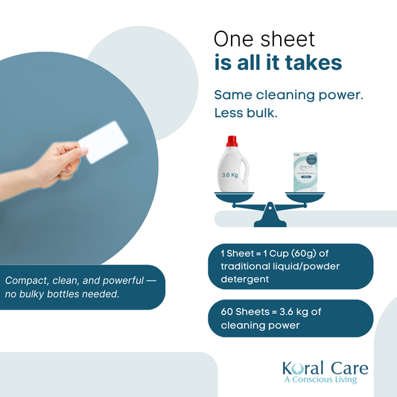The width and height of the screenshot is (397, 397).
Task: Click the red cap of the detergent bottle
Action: point(232,141)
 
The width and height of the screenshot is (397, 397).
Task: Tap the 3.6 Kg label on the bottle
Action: point(231,176)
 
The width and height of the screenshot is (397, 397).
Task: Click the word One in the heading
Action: point(236,39)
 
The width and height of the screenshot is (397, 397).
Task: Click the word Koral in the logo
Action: point(302,367)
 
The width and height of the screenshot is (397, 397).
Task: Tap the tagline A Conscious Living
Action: point(320,380)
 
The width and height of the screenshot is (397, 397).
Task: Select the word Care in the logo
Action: point(347,367)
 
